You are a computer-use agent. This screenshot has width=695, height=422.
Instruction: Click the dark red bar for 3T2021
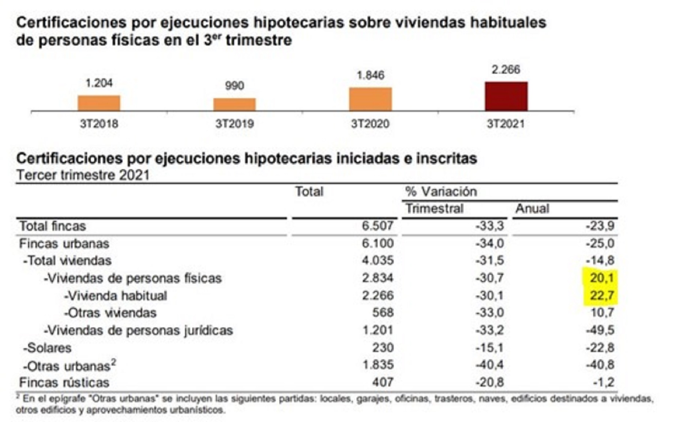tap(506, 96)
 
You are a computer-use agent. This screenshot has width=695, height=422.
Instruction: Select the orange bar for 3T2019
tap(234, 104)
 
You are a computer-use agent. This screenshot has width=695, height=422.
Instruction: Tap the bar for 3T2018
tap(99, 103)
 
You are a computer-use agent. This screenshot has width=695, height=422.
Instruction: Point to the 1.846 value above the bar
tap(370, 75)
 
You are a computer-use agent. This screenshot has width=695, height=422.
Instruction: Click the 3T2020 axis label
tap(370, 124)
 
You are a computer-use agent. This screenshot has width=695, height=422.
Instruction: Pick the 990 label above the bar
tap(234, 86)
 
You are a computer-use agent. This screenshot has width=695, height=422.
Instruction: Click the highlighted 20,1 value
tap(601, 278)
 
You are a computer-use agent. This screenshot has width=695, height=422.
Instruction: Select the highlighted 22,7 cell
tap(601, 295)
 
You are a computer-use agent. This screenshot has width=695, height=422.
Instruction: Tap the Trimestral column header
tap(434, 209)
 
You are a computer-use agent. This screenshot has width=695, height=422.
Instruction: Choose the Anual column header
tap(532, 209)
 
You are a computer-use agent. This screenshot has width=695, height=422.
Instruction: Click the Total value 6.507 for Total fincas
tap(377, 226)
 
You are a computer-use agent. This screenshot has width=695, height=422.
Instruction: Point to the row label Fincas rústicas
tap(64, 382)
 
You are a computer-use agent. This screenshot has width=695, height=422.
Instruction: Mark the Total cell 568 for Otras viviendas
tap(383, 312)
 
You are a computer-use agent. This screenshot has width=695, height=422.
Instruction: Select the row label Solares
tap(48, 348)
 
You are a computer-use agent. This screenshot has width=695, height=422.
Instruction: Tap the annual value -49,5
tap(600, 330)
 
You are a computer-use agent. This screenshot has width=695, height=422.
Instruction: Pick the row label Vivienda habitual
tap(116, 296)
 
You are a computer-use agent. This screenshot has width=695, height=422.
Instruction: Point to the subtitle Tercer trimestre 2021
tap(83, 175)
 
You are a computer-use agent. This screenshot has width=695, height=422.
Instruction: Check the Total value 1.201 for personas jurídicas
tap(377, 330)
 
